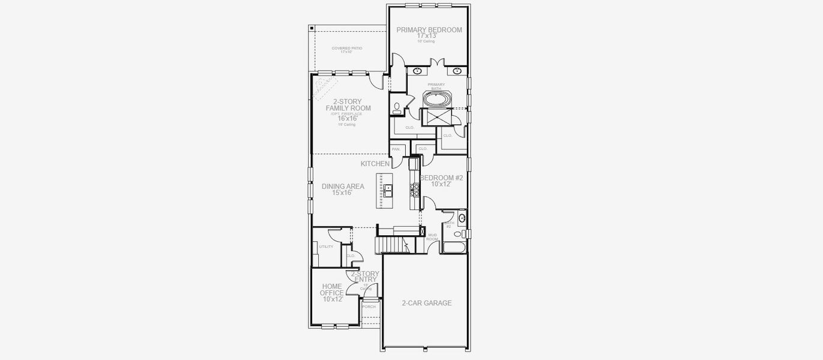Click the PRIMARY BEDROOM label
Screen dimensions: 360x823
coord(429,30)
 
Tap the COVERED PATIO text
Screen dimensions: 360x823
coord(347,48)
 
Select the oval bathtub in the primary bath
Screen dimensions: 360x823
coord(436,99)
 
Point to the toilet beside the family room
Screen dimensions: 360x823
coord(397,107)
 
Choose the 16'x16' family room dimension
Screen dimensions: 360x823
coord(348,118)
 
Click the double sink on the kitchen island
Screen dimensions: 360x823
coord(388,191)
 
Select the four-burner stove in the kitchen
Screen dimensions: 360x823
coord(414,190)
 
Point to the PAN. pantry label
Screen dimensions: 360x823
coord(396,149)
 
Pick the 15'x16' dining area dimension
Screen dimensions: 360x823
coord(337,193)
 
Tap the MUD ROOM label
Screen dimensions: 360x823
coord(432,237)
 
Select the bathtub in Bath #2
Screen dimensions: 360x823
coord(454,247)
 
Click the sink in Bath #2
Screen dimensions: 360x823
coord(462,218)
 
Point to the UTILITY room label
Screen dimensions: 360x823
coord(326,247)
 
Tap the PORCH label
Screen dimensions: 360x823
coord(369,307)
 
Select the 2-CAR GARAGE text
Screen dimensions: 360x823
coord(426,303)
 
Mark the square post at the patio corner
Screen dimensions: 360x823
coord(311,28)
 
